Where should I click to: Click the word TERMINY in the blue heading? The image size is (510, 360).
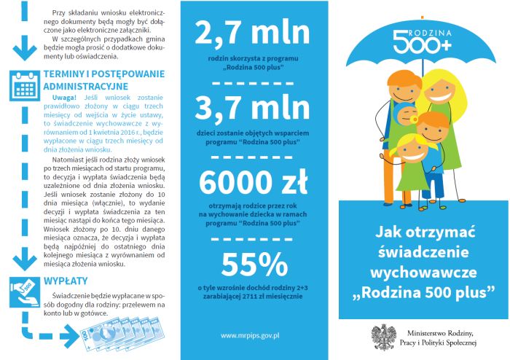[x=68, y=75]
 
